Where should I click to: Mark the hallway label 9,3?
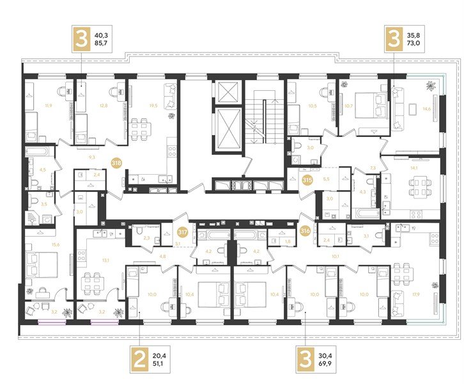(92, 156)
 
